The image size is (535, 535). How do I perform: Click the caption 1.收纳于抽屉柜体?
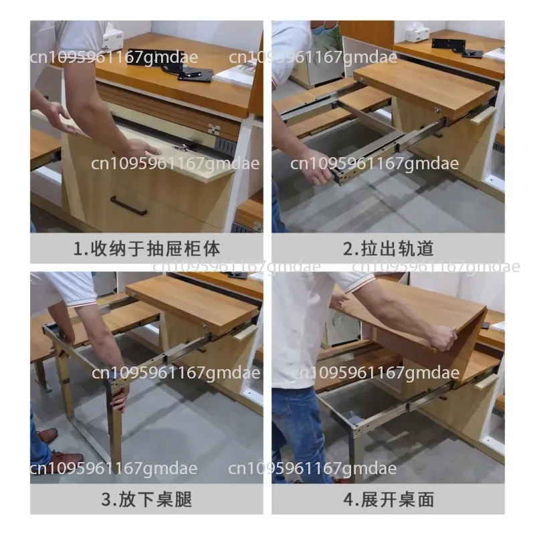(x=146, y=248)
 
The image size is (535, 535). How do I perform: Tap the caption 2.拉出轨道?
(x=389, y=248)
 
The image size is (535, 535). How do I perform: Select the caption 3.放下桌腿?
(x=146, y=499)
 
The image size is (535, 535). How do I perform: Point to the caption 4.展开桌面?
(x=389, y=499)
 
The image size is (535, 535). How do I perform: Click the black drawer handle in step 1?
(x=128, y=206)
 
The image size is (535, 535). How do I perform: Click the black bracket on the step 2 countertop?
(x=457, y=47)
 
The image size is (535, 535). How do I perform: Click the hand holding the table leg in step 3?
(x=120, y=396)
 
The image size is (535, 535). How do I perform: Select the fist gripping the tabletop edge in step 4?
(x=443, y=337)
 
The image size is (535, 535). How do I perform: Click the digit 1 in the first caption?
(x=78, y=248)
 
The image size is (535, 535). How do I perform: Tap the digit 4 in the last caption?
(x=348, y=500)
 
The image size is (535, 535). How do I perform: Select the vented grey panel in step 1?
(x=225, y=146)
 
